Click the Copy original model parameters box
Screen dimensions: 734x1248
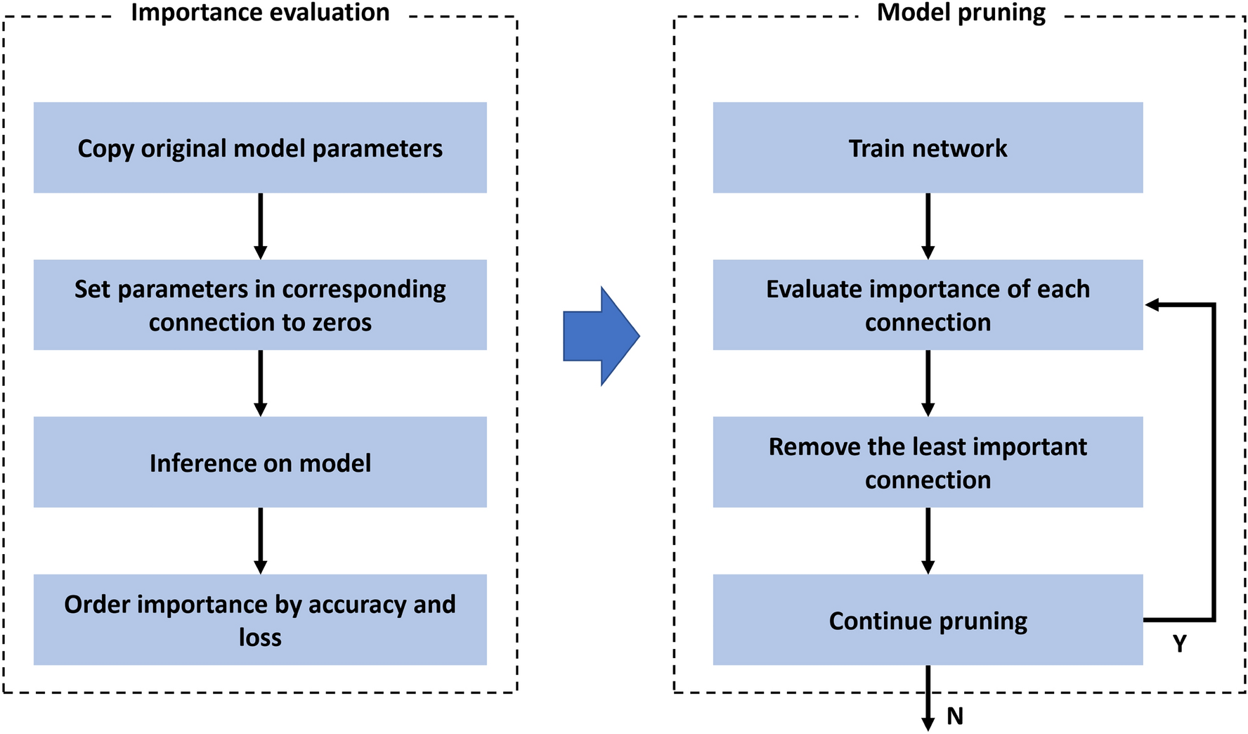(260, 148)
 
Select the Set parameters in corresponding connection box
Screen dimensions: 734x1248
(260, 304)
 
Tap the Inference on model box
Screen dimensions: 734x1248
(260, 462)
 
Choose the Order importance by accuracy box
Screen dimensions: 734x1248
(260, 619)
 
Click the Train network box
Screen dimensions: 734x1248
(928, 148)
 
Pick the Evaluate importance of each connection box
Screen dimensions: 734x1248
(928, 304)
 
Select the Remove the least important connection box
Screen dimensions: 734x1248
(928, 462)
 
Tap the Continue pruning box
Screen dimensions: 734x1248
(928, 619)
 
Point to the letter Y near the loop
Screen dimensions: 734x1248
(1180, 643)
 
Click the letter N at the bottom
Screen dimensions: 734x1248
(955, 716)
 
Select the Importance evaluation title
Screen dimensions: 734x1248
(260, 13)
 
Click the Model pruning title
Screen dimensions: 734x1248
(961, 13)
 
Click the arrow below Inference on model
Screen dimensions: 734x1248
(260, 540)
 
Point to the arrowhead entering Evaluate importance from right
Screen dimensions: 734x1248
(1152, 304)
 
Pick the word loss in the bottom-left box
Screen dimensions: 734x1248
(260, 637)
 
